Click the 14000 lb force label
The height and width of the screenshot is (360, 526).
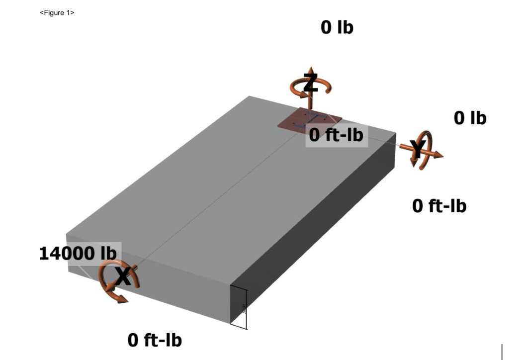click(78, 253)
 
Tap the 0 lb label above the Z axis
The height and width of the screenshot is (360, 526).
click(337, 27)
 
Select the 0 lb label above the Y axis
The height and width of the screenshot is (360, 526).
click(470, 118)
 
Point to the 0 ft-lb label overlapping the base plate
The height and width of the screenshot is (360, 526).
click(336, 134)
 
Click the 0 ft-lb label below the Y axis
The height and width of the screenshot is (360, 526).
click(439, 205)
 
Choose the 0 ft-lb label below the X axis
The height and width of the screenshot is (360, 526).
click(155, 341)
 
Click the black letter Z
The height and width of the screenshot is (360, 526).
click(310, 84)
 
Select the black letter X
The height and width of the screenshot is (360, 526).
click(124, 277)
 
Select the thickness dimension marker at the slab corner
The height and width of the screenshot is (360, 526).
click(238, 308)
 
